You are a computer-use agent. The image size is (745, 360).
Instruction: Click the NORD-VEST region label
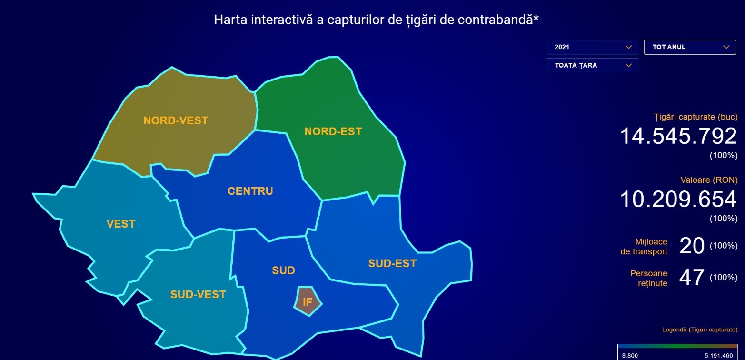click(176, 120)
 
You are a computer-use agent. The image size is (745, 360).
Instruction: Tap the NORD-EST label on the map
click(333, 131)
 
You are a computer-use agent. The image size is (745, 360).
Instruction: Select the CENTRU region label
click(250, 191)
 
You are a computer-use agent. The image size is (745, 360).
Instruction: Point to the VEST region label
click(121, 224)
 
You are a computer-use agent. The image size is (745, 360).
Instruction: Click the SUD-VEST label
click(198, 294)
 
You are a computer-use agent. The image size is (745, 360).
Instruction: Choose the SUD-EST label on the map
click(392, 263)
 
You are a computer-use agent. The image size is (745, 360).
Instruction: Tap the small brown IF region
click(308, 301)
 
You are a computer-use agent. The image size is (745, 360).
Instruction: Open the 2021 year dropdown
click(592, 47)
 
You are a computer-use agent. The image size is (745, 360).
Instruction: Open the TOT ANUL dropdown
click(690, 47)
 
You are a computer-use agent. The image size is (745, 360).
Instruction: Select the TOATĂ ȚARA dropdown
click(592, 65)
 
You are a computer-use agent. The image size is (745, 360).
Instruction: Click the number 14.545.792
click(678, 136)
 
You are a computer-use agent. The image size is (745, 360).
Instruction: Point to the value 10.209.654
click(678, 200)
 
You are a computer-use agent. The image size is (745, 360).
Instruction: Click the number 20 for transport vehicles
click(692, 246)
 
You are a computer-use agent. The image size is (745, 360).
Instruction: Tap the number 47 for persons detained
click(692, 278)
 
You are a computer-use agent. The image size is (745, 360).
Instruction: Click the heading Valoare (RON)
click(709, 180)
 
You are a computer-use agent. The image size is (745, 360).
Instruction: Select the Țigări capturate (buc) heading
click(696, 117)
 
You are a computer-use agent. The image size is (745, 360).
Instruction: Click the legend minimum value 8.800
click(630, 355)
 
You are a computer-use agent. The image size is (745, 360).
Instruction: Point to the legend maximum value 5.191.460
click(718, 355)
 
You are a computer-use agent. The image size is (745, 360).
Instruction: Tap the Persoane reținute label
click(648, 278)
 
